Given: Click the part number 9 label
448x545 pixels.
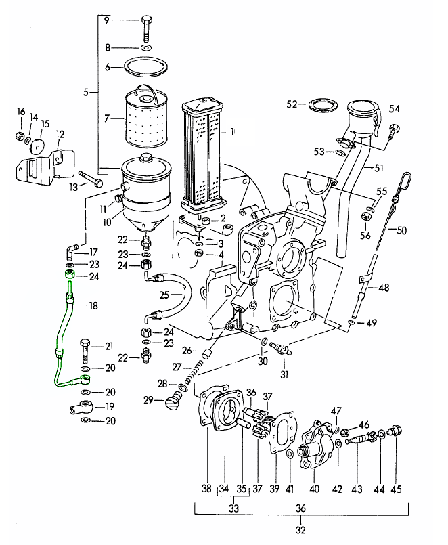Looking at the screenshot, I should tap(106, 20).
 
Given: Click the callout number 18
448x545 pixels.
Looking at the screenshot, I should tap(93, 305).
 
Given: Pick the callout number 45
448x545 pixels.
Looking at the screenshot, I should tap(397, 487).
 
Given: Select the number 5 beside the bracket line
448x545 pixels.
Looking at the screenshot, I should tap(86, 92).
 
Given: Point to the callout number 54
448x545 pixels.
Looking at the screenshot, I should tap(395, 108).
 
